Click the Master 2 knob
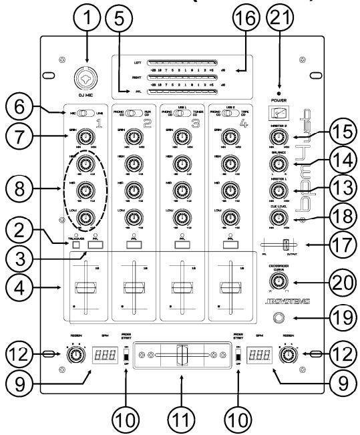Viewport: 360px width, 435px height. [275, 138]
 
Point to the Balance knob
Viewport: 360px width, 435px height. [275, 165]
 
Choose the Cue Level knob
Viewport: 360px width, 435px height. [275, 217]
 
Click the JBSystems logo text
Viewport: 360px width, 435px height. [275, 303]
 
